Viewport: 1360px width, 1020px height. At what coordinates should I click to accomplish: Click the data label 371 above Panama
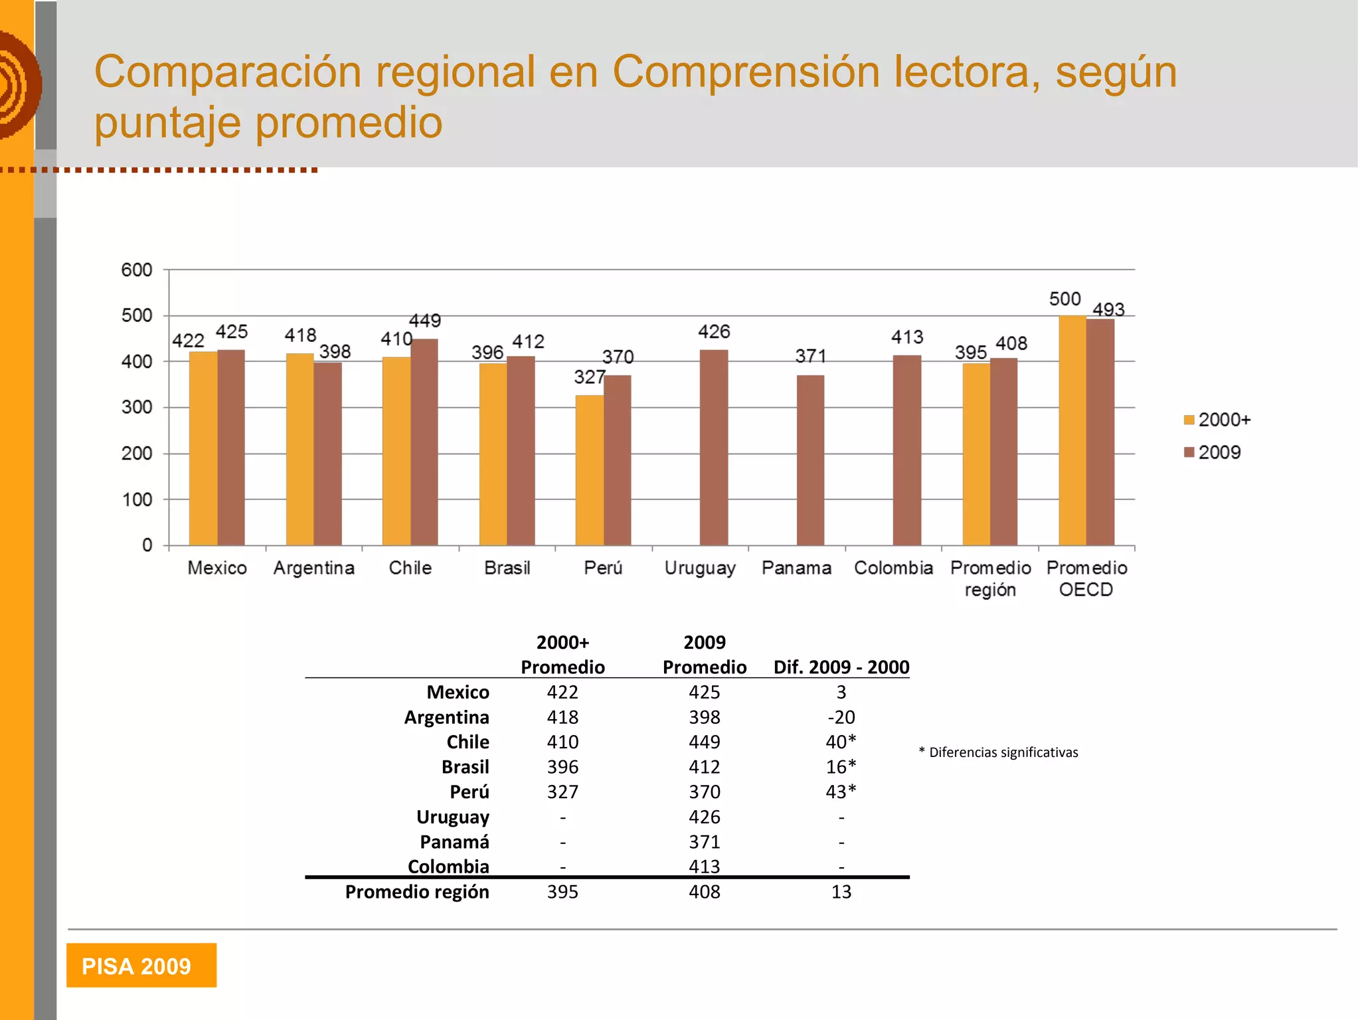tap(811, 357)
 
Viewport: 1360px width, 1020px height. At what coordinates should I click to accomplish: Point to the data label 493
tap(1108, 309)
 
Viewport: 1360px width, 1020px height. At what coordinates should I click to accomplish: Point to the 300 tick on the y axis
tap(137, 407)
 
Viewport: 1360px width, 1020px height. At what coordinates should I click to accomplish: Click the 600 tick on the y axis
tap(137, 270)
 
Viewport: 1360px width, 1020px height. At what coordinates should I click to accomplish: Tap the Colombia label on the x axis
tap(893, 568)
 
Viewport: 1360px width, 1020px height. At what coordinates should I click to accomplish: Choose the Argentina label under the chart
tap(314, 568)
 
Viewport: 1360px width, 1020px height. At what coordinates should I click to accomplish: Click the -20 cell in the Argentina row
tap(841, 717)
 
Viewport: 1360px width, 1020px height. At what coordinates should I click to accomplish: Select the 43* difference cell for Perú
tap(841, 792)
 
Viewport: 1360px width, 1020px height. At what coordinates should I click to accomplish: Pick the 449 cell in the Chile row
tap(704, 742)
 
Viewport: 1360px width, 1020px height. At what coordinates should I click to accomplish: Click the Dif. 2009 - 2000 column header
tap(841, 667)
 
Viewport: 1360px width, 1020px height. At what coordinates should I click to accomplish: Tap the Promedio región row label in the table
tap(417, 892)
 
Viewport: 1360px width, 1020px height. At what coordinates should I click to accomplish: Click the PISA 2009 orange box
tap(141, 965)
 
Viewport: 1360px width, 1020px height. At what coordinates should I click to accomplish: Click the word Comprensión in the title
tap(745, 72)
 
